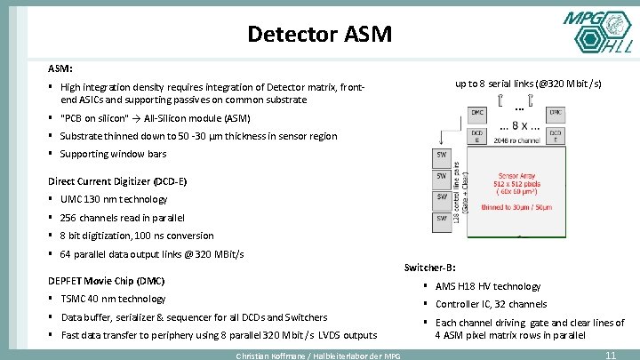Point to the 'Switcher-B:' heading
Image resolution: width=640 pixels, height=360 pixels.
tap(430, 268)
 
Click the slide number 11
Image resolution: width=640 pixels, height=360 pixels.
tap(610, 355)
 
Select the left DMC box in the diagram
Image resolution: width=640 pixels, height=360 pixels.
tap(477, 114)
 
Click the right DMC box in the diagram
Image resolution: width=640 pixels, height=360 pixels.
tap(556, 114)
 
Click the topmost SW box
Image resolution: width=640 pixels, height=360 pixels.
tap(441, 155)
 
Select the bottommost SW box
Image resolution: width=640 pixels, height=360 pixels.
tap(441, 219)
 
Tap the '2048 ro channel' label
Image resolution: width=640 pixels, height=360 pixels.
tap(516, 140)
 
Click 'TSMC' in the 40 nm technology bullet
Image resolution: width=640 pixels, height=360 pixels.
tap(75, 299)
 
